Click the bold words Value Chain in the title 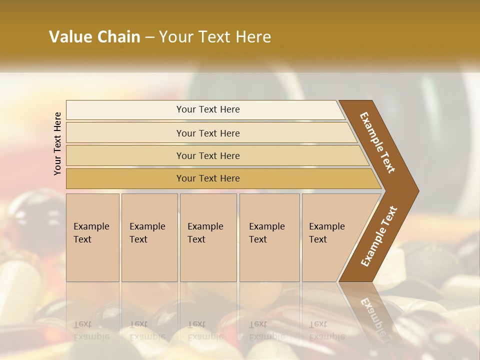(94, 37)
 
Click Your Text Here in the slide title (215, 37)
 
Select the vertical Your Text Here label (57, 143)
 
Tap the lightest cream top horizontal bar (208, 109)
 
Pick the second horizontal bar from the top (208, 133)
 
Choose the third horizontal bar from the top (208, 155)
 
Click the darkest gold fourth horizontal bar (208, 178)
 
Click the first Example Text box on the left (92, 237)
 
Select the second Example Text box (149, 237)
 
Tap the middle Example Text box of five (208, 237)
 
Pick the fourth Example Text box (269, 237)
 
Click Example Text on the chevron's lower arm (379, 236)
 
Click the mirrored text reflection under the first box (91, 330)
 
